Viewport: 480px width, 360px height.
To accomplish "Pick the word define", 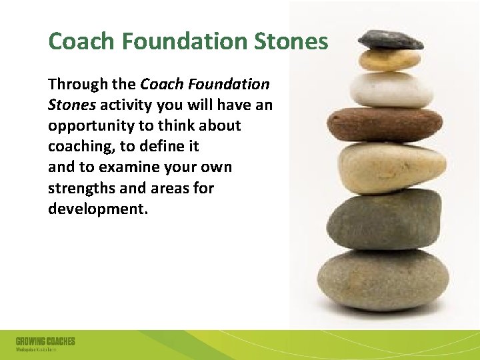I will pyautogui.click(x=166, y=147).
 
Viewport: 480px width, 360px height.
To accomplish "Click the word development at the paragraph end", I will pyautogui.click(x=96, y=209).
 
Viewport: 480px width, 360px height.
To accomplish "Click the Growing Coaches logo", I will pyautogui.click(x=45, y=344).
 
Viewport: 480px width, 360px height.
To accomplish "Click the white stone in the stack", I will pyautogui.click(x=391, y=90).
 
